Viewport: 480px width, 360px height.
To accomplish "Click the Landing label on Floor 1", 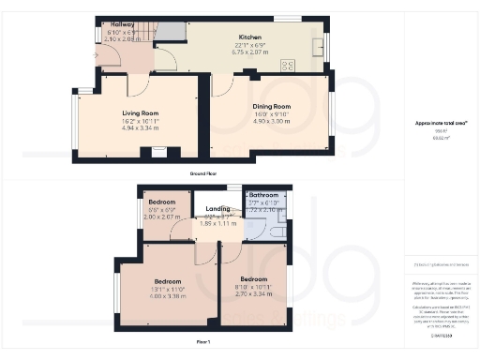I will [218, 209].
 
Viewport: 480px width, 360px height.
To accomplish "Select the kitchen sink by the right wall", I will [320, 45].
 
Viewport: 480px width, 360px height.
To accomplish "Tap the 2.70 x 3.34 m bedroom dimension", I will [254, 295].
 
